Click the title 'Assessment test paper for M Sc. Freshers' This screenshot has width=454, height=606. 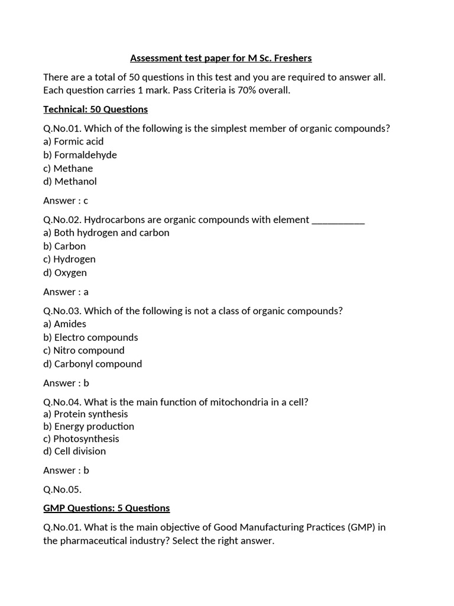click(220, 58)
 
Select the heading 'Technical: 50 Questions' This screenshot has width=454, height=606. click(95, 109)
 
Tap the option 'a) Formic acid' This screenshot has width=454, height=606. click(73, 141)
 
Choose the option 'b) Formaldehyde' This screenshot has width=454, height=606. click(80, 155)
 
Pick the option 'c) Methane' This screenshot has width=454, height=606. click(68, 169)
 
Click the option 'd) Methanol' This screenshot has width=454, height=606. click(70, 182)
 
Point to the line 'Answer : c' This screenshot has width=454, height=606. click(66, 201)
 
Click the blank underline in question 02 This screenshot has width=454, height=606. click(338, 220)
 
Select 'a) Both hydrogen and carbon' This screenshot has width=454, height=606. click(106, 233)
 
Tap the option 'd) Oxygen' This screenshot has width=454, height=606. click(65, 273)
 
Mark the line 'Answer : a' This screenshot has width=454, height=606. click(66, 292)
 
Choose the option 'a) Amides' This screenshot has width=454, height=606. click(64, 324)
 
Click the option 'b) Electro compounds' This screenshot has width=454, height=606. click(90, 337)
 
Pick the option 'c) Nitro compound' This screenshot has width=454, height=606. click(84, 350)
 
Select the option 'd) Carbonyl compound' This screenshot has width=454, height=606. click(92, 364)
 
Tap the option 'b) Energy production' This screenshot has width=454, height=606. click(89, 426)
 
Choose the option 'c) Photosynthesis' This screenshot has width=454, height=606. click(81, 439)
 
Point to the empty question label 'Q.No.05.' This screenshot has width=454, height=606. click(62, 489)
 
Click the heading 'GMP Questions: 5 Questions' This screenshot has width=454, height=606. click(106, 508)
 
